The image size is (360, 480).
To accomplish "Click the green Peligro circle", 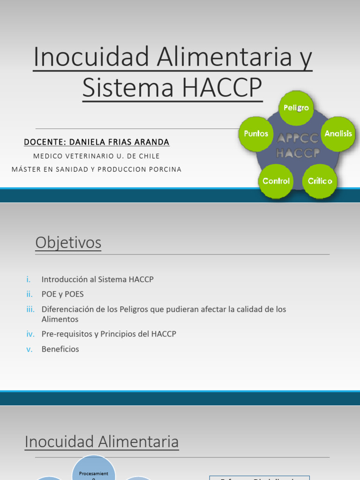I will coord(296,108).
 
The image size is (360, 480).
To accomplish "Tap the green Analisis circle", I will coord(338,134).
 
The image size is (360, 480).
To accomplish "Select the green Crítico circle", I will coord(320,181).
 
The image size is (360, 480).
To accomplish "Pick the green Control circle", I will coord(276,181).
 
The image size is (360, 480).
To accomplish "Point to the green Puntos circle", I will coord(256,134).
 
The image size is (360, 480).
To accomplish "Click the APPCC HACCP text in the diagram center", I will coord(298,145).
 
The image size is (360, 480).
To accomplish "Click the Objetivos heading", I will coord(68,243).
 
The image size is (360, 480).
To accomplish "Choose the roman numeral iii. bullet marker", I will coord(30,309).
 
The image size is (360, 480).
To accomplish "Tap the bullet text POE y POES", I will coord(62,294).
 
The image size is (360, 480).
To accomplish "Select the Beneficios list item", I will coord(60,349).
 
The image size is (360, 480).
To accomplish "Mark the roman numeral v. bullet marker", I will coord(30,349).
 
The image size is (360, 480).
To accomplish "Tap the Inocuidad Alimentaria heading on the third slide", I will coord(102,442).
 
